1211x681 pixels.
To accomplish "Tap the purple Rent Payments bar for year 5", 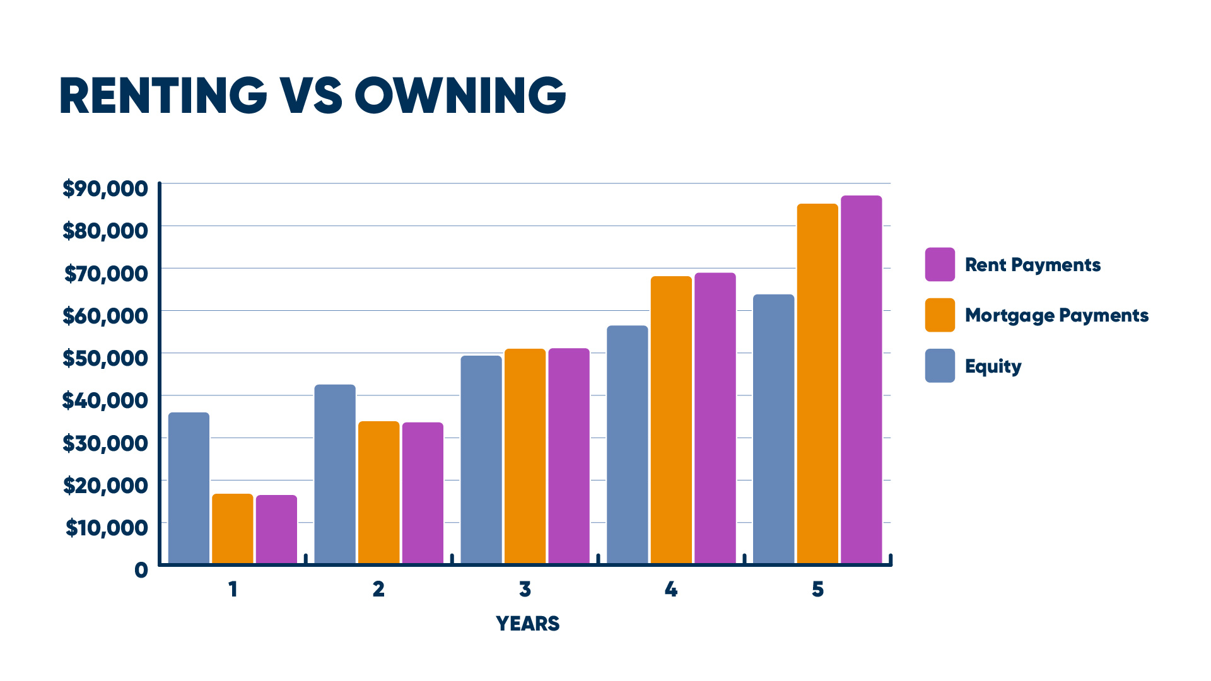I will tap(861, 379).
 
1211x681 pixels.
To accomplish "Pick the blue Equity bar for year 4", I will tap(627, 444).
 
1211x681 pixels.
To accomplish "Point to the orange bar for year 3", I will tap(525, 455).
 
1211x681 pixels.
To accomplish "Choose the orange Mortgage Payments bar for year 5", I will tap(817, 383).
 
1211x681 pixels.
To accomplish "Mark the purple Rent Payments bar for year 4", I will tap(715, 417).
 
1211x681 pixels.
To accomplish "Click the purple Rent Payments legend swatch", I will tap(940, 264).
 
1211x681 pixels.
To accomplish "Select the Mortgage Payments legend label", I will tap(1056, 315).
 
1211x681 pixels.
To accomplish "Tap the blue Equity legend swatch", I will tap(940, 366).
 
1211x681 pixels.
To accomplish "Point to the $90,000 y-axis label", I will tap(105, 188).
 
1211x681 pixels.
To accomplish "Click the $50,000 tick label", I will tap(105, 358).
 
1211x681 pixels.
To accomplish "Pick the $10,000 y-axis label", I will tap(107, 527).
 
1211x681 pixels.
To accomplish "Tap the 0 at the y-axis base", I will tap(141, 570).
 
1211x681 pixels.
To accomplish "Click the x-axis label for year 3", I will tap(525, 590).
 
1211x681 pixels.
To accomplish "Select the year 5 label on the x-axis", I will tap(817, 590).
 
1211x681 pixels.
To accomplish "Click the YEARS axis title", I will tap(527, 624).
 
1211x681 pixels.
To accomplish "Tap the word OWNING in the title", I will tap(460, 96).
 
